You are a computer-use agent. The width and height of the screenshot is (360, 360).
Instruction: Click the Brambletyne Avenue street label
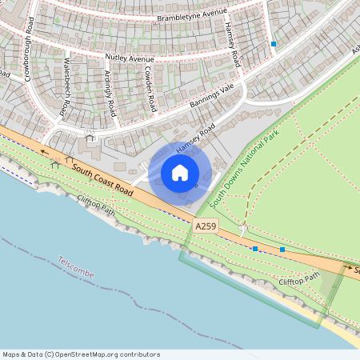[191, 16]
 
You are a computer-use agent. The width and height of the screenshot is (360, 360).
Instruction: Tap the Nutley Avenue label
[129, 58]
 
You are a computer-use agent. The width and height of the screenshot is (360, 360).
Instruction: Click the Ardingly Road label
[110, 94]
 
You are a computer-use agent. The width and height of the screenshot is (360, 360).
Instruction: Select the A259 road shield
[204, 228]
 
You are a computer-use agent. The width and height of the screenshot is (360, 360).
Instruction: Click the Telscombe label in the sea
[75, 268]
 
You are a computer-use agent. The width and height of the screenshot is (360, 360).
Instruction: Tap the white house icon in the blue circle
[180, 173]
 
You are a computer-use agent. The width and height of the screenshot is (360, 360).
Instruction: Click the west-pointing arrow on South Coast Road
[46, 150]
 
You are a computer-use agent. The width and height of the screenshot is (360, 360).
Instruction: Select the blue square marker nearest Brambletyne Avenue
[274, 44]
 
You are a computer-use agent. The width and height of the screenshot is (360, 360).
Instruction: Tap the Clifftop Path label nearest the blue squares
[298, 280]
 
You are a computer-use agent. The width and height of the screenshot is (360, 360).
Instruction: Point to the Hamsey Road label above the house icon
[196, 138]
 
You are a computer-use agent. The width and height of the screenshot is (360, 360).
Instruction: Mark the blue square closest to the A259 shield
[255, 249]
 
